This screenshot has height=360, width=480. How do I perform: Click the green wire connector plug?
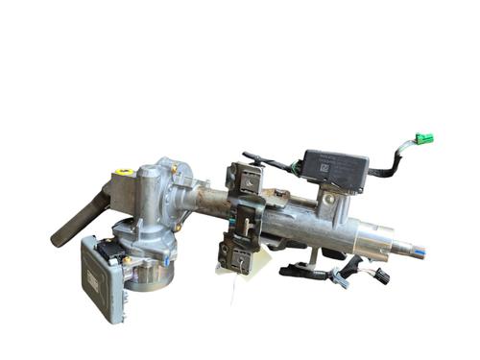click(424, 139)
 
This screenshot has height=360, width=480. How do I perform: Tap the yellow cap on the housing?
click(124, 174)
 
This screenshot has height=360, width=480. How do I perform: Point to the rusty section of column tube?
click(206, 201)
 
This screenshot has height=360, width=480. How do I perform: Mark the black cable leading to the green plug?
click(394, 163)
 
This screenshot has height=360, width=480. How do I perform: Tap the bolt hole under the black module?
click(329, 199)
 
